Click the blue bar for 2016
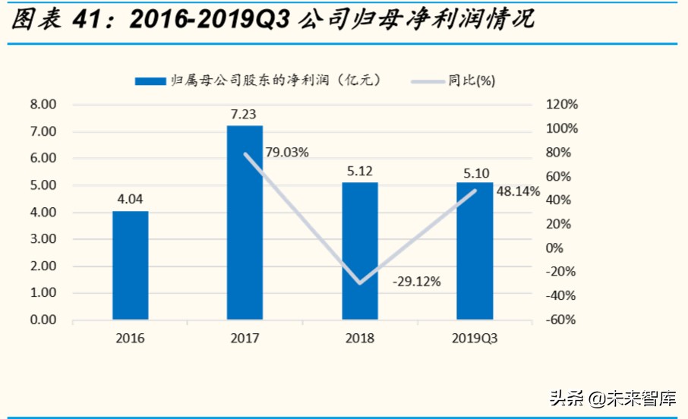tap(130, 265)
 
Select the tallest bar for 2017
tap(245, 222)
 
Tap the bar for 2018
tap(359, 250)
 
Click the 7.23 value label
tap(245, 114)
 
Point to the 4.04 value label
tap(130, 200)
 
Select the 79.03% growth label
tap(287, 153)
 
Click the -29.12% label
tap(416, 282)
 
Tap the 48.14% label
tap(518, 193)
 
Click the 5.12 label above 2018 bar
tap(359, 171)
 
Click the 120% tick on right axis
tap(562, 105)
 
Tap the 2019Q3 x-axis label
tap(475, 339)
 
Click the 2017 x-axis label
tap(245, 339)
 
